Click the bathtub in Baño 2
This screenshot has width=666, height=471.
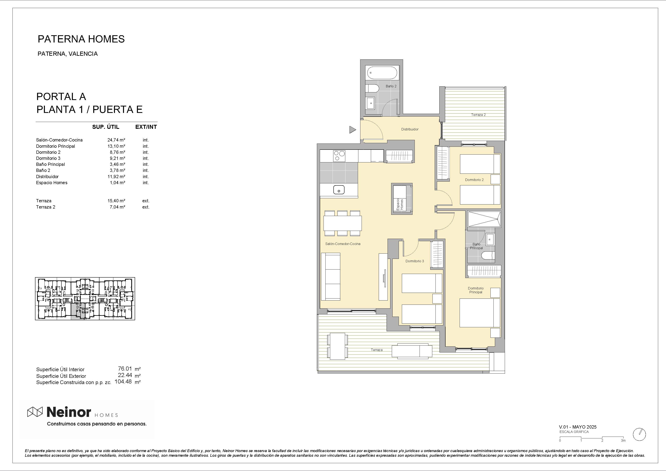[382, 73]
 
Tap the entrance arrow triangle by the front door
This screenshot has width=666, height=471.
[353, 130]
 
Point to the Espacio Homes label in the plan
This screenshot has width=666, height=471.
[400, 204]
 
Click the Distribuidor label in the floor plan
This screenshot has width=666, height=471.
[410, 129]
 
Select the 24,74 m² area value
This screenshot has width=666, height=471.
[116, 140]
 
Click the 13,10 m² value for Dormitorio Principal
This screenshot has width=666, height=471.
[116, 146]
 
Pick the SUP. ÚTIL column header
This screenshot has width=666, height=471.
[105, 127]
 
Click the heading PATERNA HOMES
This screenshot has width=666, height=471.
[81, 39]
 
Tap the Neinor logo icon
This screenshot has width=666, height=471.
[35, 412]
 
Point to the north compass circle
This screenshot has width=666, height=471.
[639, 434]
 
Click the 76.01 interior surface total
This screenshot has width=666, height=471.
[125, 369]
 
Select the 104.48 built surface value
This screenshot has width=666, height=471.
[123, 382]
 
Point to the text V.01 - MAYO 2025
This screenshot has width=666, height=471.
[578, 427]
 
